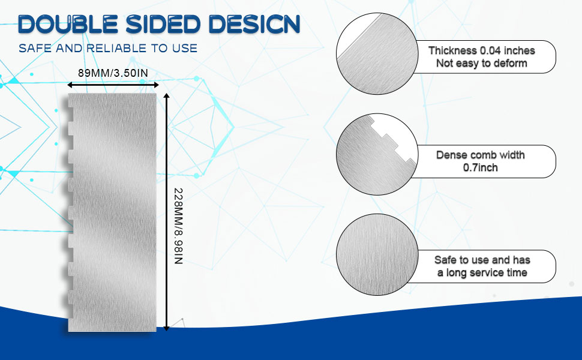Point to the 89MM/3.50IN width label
pyautogui.click(x=113, y=73)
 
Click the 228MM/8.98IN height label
pyautogui.click(x=179, y=226)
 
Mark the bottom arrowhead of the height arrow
pyautogui.click(x=167, y=328)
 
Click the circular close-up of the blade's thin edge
pyautogui.click(x=377, y=54)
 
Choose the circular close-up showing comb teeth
pyautogui.click(x=377, y=154)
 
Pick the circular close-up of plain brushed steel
pyautogui.click(x=377, y=254)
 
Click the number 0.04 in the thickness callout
pyautogui.click(x=490, y=50)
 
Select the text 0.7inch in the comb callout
pyautogui.click(x=480, y=167)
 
